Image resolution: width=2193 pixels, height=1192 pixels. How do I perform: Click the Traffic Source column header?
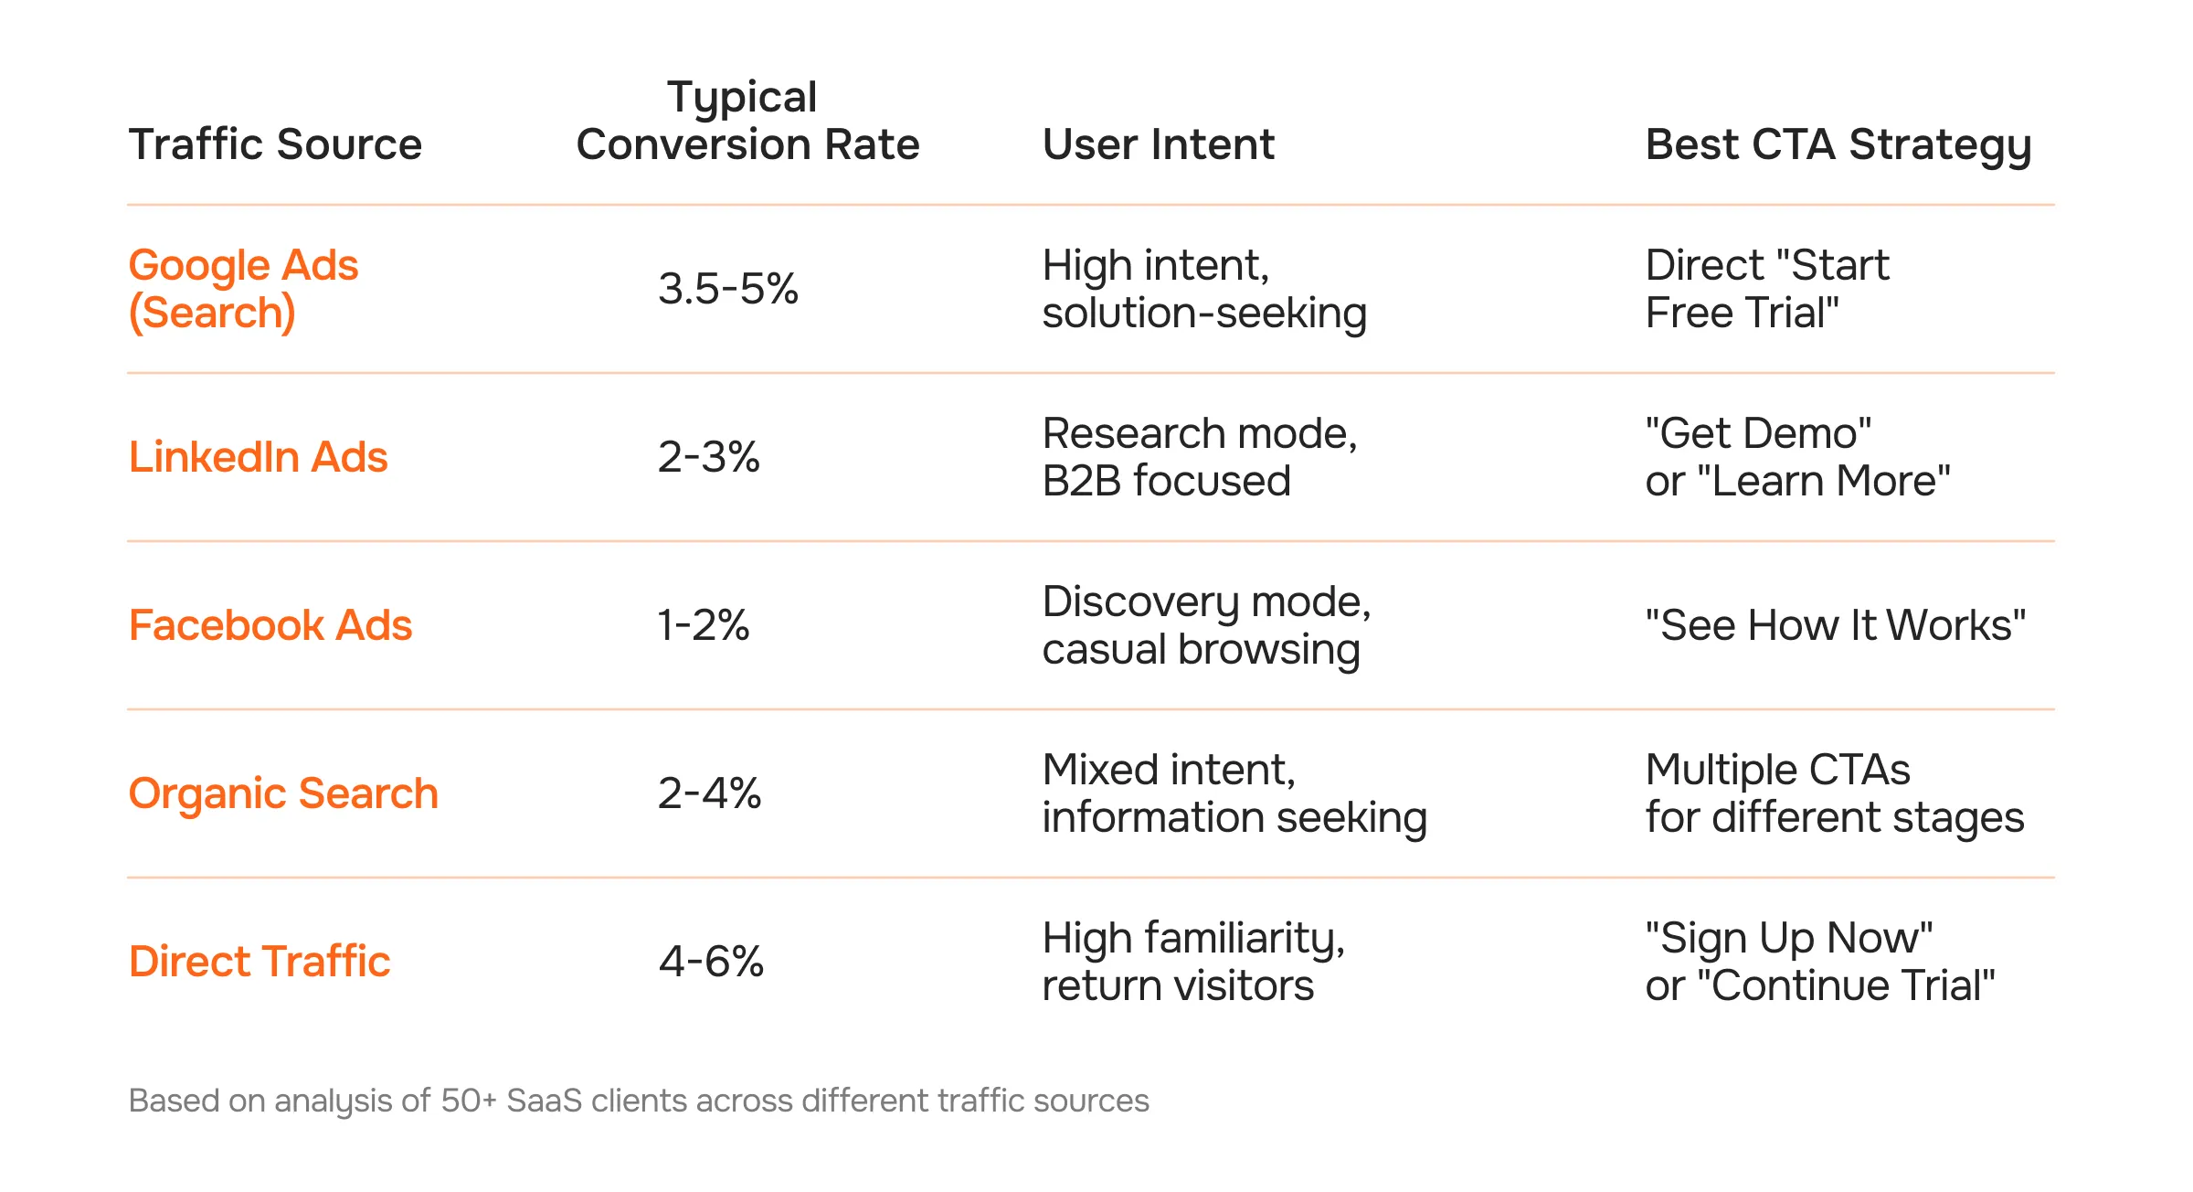(x=275, y=144)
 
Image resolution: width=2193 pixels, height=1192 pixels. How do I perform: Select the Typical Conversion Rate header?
(x=747, y=122)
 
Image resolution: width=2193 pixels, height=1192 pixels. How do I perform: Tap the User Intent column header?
(x=1158, y=144)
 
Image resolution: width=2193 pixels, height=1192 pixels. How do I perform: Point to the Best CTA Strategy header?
(x=1838, y=144)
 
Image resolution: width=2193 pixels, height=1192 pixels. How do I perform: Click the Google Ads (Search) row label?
(x=243, y=289)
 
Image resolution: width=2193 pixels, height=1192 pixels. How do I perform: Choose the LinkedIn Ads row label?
(x=258, y=457)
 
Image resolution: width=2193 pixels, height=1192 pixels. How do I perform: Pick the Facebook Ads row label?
(x=270, y=625)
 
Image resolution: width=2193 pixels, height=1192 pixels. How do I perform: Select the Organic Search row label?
(x=283, y=793)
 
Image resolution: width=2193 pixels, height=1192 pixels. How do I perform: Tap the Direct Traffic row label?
(x=260, y=962)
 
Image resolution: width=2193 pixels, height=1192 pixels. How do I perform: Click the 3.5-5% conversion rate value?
(x=728, y=289)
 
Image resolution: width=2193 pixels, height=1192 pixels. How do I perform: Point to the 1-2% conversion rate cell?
(x=704, y=625)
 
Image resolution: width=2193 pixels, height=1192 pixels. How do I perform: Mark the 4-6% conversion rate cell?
(x=711, y=962)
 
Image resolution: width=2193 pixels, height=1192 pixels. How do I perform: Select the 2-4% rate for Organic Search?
(x=709, y=793)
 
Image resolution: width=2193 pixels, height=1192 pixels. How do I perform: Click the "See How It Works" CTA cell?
(x=1835, y=625)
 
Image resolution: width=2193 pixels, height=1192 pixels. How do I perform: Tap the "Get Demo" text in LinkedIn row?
(x=1758, y=433)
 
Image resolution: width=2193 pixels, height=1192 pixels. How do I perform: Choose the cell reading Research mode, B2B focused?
(x=1199, y=457)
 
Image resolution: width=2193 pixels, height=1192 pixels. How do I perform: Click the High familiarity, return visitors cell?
(x=1192, y=962)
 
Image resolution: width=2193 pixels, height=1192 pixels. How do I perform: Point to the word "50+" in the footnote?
(x=468, y=1101)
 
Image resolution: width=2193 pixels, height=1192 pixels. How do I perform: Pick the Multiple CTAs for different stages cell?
(x=1834, y=793)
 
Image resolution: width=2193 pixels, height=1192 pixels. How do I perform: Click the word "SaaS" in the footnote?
(x=544, y=1101)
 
